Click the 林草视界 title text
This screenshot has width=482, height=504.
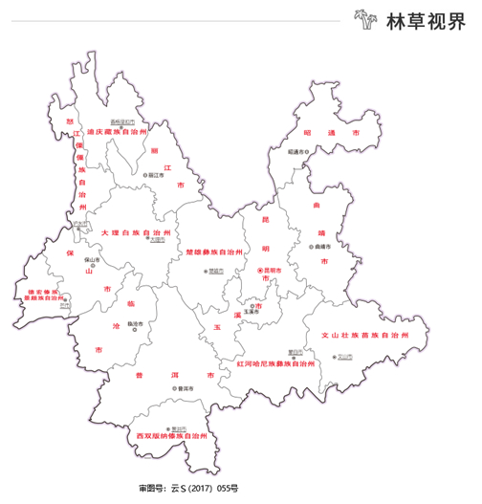point(424,20)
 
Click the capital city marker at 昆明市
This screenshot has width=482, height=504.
point(259,272)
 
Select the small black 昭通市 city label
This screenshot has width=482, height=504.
point(298,151)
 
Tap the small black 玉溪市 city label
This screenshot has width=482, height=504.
point(251,312)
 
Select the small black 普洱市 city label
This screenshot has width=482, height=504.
point(172,388)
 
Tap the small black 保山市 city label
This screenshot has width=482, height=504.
point(94,259)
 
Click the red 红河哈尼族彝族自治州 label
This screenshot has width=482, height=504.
point(274,364)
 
